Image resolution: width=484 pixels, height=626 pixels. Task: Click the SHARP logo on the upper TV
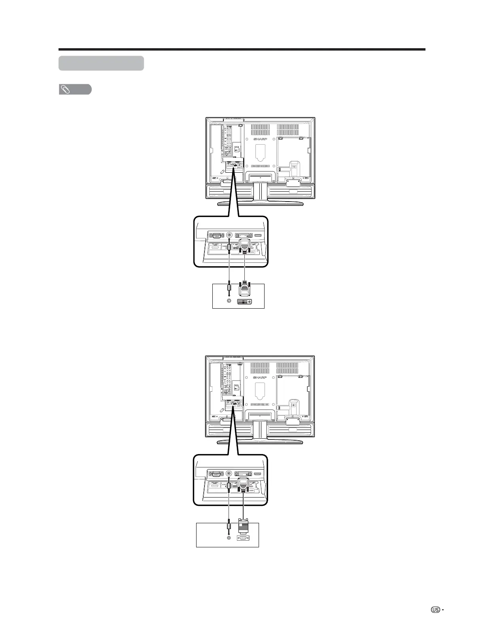(259, 140)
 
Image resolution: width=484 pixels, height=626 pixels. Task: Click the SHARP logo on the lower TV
(259, 378)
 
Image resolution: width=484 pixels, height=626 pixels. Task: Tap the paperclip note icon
(65, 90)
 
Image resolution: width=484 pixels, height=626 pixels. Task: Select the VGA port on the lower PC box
(243, 538)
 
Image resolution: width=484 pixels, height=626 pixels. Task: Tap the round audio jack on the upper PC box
(229, 301)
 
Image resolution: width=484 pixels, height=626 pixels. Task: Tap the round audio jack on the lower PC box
(229, 537)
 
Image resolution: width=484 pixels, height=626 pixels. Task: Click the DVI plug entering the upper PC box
(245, 289)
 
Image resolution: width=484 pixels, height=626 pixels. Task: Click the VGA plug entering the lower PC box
(243, 526)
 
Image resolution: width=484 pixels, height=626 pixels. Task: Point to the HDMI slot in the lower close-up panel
(258, 473)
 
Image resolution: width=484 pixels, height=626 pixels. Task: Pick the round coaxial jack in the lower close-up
(229, 473)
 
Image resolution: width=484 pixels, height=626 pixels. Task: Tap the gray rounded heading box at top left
(101, 63)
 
